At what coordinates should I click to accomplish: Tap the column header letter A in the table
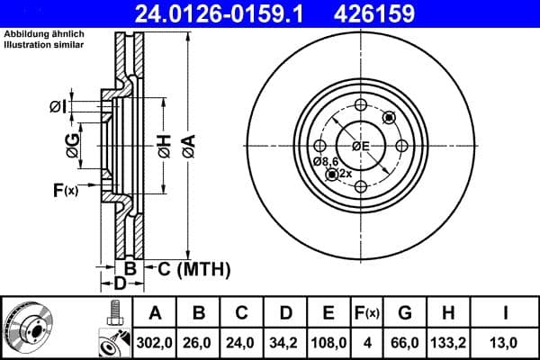pyautogui.click(x=155, y=313)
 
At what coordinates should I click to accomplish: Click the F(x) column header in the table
pyautogui.click(x=368, y=313)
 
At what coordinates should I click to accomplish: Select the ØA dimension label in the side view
pyautogui.click(x=188, y=142)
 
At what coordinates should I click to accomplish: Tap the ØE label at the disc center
pyautogui.click(x=362, y=146)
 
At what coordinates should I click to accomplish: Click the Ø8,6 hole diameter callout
pyautogui.click(x=325, y=161)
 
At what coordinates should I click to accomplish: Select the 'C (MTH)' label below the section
pyautogui.click(x=194, y=269)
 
